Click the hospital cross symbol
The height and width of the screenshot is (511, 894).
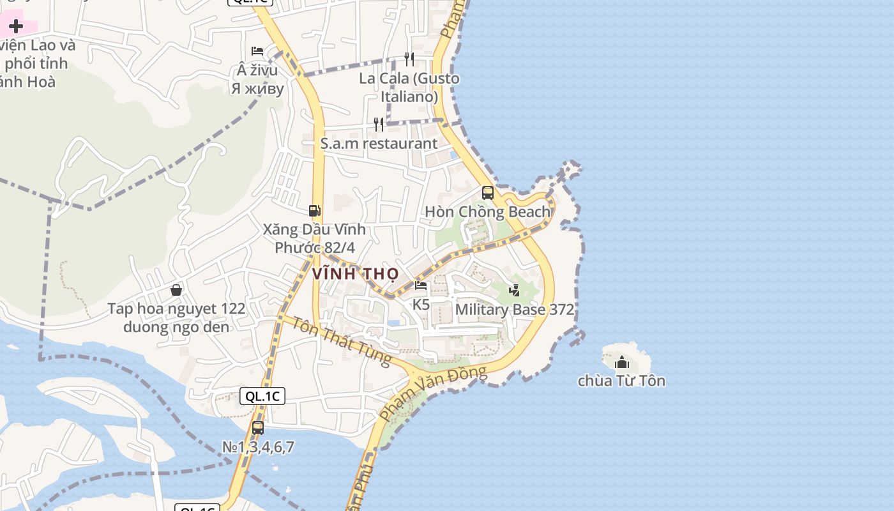pyautogui.click(x=16, y=26)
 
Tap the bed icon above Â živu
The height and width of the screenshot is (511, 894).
pyautogui.click(x=257, y=50)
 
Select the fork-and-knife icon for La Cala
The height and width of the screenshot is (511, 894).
pyautogui.click(x=409, y=59)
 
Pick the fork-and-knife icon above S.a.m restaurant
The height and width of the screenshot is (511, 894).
pyautogui.click(x=379, y=124)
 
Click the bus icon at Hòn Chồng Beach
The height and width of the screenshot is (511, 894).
pyautogui.click(x=488, y=192)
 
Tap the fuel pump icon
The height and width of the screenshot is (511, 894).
pyautogui.click(x=314, y=210)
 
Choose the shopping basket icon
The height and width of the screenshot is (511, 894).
pyautogui.click(x=176, y=290)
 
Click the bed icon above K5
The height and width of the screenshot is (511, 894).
pyautogui.click(x=421, y=285)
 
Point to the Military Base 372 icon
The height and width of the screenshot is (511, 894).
pyautogui.click(x=514, y=290)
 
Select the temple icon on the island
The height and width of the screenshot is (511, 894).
pyautogui.click(x=622, y=363)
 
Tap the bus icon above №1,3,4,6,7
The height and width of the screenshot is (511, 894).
pyautogui.click(x=258, y=428)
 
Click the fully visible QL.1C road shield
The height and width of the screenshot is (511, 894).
pyautogui.click(x=262, y=396)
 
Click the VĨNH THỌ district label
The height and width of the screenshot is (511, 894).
pyautogui.click(x=355, y=274)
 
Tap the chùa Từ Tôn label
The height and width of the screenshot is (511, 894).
pyautogui.click(x=621, y=381)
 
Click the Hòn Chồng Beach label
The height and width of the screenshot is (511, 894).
pyautogui.click(x=487, y=211)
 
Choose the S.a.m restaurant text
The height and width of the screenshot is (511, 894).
pyautogui.click(x=379, y=144)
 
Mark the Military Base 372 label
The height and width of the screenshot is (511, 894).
pyautogui.click(x=514, y=310)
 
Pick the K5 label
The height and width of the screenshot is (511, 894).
pyautogui.click(x=421, y=305)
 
